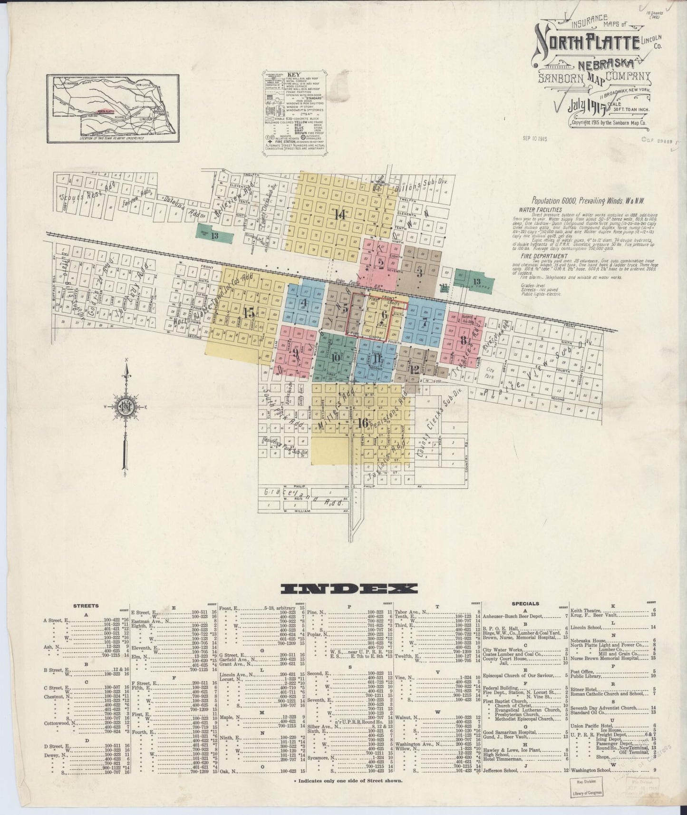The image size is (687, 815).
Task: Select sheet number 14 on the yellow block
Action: coord(339,214)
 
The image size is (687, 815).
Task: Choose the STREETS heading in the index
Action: coord(86,605)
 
